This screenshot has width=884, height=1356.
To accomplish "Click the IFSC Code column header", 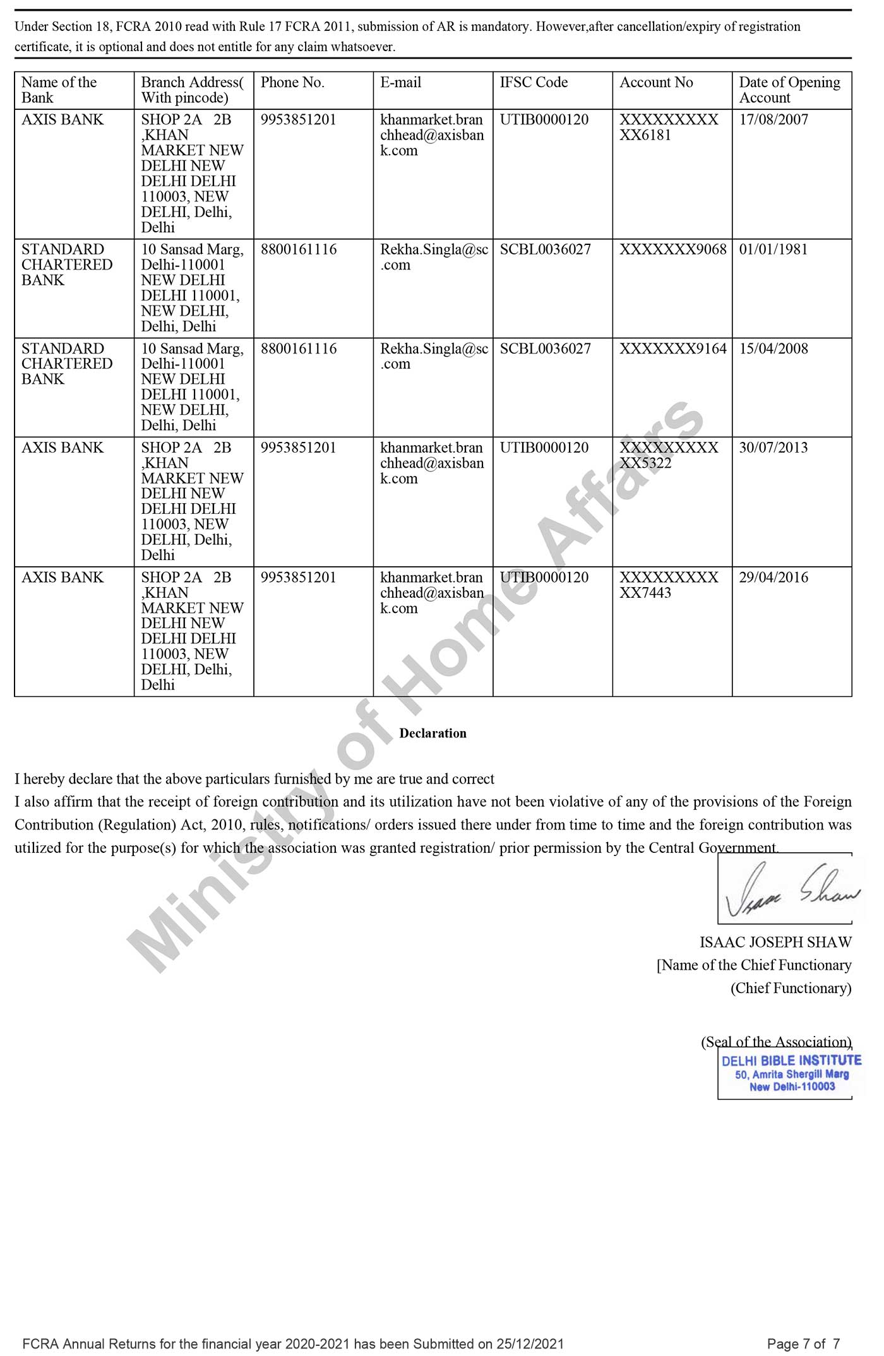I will click(534, 83).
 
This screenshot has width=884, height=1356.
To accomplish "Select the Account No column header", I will click(656, 83).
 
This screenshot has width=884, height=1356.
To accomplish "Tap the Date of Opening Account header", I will click(789, 90).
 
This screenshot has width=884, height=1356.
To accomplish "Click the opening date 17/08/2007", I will click(773, 120).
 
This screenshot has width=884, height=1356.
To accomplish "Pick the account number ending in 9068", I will click(672, 249).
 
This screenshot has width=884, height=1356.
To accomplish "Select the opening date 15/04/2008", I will click(773, 348).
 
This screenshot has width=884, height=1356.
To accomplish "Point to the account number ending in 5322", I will click(669, 455).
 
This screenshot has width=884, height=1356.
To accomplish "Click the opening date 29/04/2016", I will click(773, 578).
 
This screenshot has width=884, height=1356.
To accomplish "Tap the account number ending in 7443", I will click(669, 585).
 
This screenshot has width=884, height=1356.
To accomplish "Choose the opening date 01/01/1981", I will click(773, 249).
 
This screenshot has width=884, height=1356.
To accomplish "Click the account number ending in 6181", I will click(669, 128).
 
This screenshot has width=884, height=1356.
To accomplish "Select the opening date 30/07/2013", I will click(773, 448).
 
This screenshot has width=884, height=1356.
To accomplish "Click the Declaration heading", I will click(433, 734).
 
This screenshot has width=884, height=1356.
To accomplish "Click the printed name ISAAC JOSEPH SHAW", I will click(775, 943).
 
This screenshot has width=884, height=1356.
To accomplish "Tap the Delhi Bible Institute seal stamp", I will click(791, 1073).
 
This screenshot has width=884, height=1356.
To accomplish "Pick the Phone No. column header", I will click(292, 83).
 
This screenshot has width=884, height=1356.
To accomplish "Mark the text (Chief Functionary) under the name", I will click(791, 988).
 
